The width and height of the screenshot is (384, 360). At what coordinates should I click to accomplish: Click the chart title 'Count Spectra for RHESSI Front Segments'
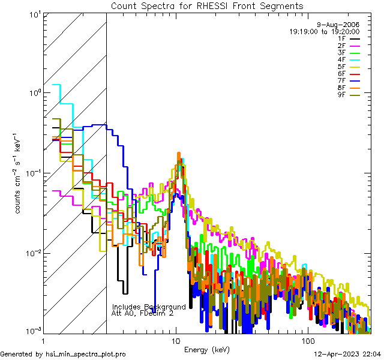[x=207, y=6]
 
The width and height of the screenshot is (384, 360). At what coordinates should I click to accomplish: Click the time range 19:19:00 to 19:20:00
[x=324, y=31]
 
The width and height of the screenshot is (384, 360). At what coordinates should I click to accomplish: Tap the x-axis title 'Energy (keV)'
[x=207, y=349]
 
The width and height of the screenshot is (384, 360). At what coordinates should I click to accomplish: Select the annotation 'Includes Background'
[x=149, y=307]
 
